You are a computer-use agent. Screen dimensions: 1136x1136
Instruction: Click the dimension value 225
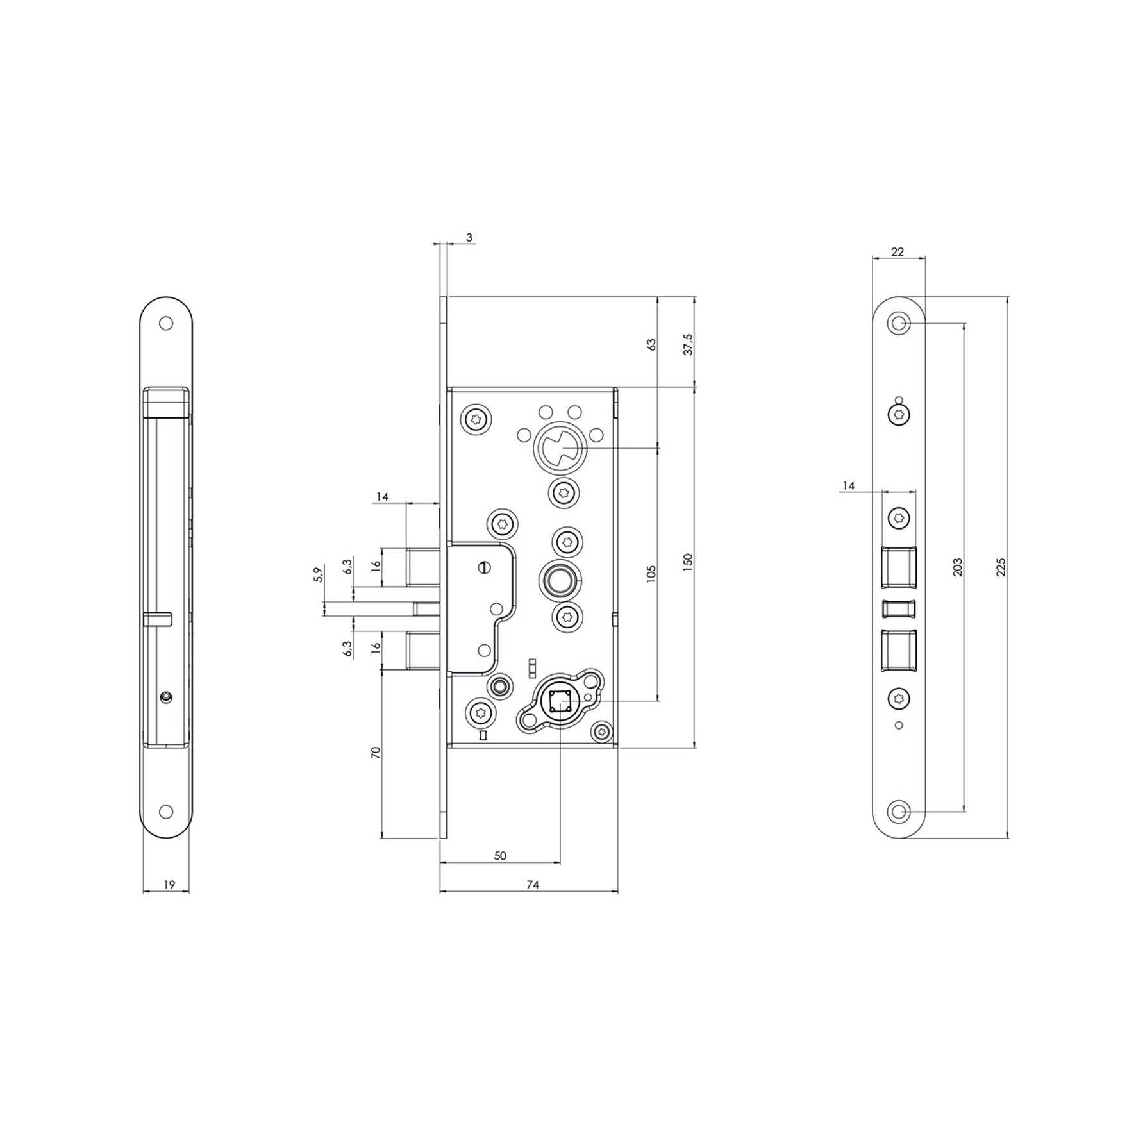[x=1002, y=567]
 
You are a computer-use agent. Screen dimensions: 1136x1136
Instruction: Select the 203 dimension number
[x=958, y=567]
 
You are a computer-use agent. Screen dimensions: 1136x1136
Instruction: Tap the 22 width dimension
[x=898, y=252]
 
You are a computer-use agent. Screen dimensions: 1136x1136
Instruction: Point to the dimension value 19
[x=169, y=885]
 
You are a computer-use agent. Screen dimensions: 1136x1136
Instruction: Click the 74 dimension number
[x=533, y=885]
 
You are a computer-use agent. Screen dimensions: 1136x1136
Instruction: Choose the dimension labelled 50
[x=501, y=856]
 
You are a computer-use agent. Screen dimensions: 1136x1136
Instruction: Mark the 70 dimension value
[x=376, y=753]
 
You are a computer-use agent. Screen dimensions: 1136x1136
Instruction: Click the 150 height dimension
[x=689, y=562]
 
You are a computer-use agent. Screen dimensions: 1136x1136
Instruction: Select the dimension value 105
[x=651, y=573]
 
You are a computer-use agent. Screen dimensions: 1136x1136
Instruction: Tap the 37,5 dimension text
[x=689, y=344]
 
